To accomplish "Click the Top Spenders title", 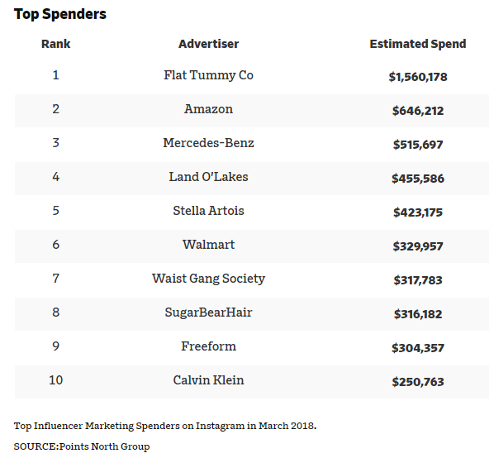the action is [x=60, y=14].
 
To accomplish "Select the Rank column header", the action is [x=56, y=44].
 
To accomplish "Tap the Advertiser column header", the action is [x=209, y=44].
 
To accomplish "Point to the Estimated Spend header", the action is [x=418, y=44].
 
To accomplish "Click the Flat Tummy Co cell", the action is [x=209, y=75].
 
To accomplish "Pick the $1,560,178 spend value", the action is [x=418, y=77].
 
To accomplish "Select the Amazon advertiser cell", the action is [x=209, y=109].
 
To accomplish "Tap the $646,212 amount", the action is [x=418, y=111].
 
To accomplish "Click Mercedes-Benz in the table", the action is [x=209, y=143].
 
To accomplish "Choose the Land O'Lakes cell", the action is [x=209, y=177].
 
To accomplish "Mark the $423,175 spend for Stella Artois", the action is [x=418, y=212].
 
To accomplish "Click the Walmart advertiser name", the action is [x=209, y=245].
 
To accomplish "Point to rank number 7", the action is [x=56, y=279].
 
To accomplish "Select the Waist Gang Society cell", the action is [x=209, y=279].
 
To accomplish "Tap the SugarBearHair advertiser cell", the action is [x=209, y=312].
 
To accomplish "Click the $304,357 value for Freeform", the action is [x=418, y=348].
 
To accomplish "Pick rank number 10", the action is [x=56, y=380].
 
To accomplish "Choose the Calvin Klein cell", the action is [x=209, y=380].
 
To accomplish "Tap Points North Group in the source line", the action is [x=104, y=446].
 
